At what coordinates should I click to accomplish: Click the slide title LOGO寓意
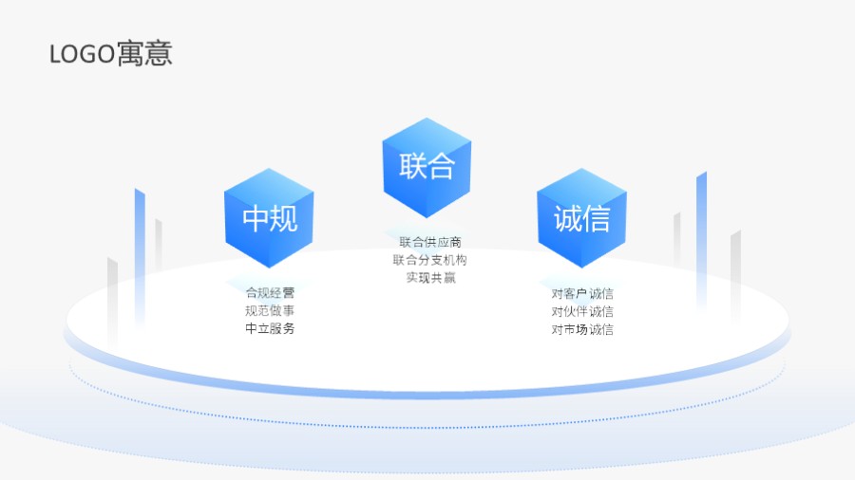coord(110,54)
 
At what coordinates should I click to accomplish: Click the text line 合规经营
coord(270,293)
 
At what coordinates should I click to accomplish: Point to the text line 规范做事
coord(270,311)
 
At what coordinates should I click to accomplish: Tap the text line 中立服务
coord(270,329)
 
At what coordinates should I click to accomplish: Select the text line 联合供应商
coord(430,242)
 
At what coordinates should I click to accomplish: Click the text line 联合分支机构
coord(430,260)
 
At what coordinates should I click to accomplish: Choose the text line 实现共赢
coord(430,278)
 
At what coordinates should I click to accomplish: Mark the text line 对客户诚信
coord(582,293)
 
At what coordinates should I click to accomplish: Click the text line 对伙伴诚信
coord(582,311)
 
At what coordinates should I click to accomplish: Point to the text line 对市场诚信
coord(582,329)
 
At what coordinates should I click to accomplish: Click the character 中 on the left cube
coord(256,219)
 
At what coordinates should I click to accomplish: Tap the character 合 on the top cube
coord(442,168)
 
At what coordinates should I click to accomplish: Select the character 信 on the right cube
coord(596,219)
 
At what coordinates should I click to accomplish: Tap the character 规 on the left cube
coord(284,219)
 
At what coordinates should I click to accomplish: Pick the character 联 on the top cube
coord(414,168)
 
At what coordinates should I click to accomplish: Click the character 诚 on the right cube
coord(568,219)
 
